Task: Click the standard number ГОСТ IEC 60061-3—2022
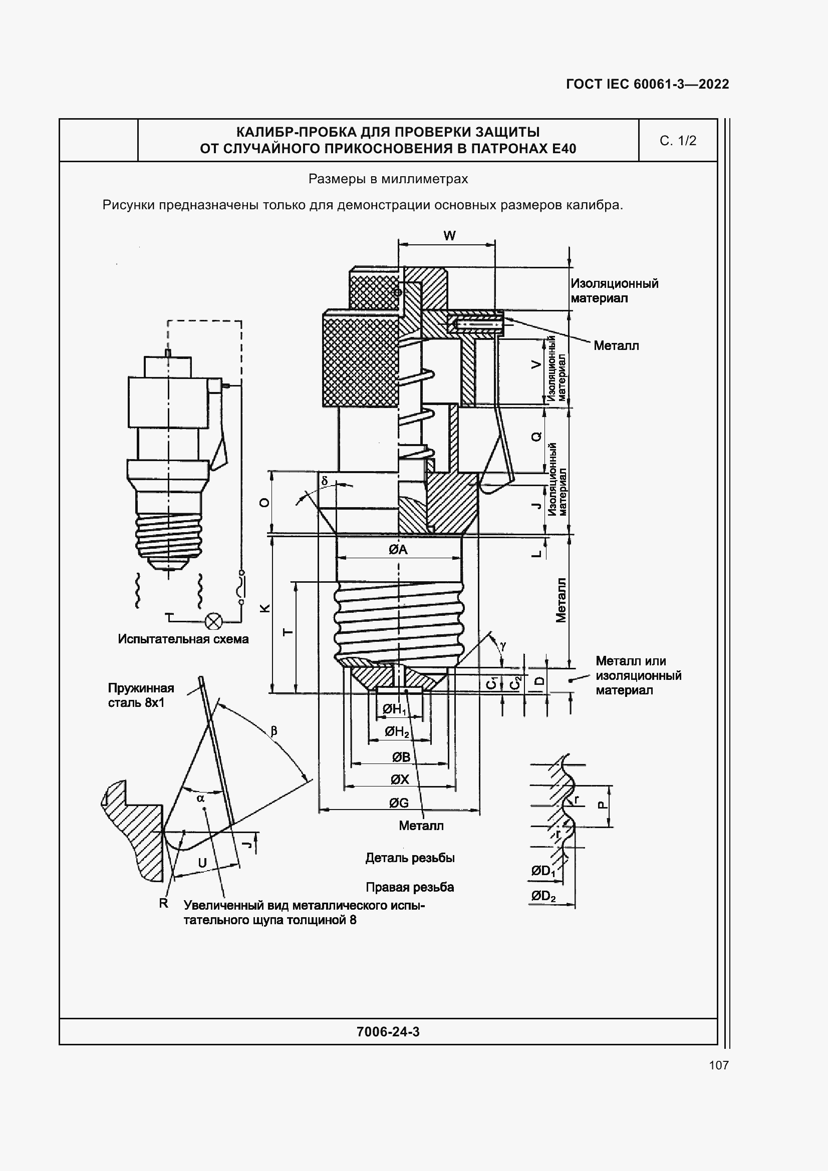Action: click(647, 84)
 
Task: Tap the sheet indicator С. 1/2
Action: click(678, 141)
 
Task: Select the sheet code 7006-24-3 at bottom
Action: click(388, 1032)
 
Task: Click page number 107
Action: click(718, 1065)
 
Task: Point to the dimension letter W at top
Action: click(449, 236)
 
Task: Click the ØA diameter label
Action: click(398, 550)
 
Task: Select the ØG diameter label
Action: click(398, 803)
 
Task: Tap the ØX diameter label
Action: click(399, 779)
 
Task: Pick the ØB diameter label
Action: click(401, 757)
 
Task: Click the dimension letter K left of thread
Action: click(265, 608)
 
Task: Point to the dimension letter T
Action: click(288, 632)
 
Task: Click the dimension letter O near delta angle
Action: click(264, 503)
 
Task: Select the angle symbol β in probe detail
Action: click(273, 731)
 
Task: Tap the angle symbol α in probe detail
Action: click(200, 798)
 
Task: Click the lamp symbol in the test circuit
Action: click(213, 622)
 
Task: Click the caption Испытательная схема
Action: click(183, 639)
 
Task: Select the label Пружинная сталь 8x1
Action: click(140, 695)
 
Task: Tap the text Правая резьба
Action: click(410, 888)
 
